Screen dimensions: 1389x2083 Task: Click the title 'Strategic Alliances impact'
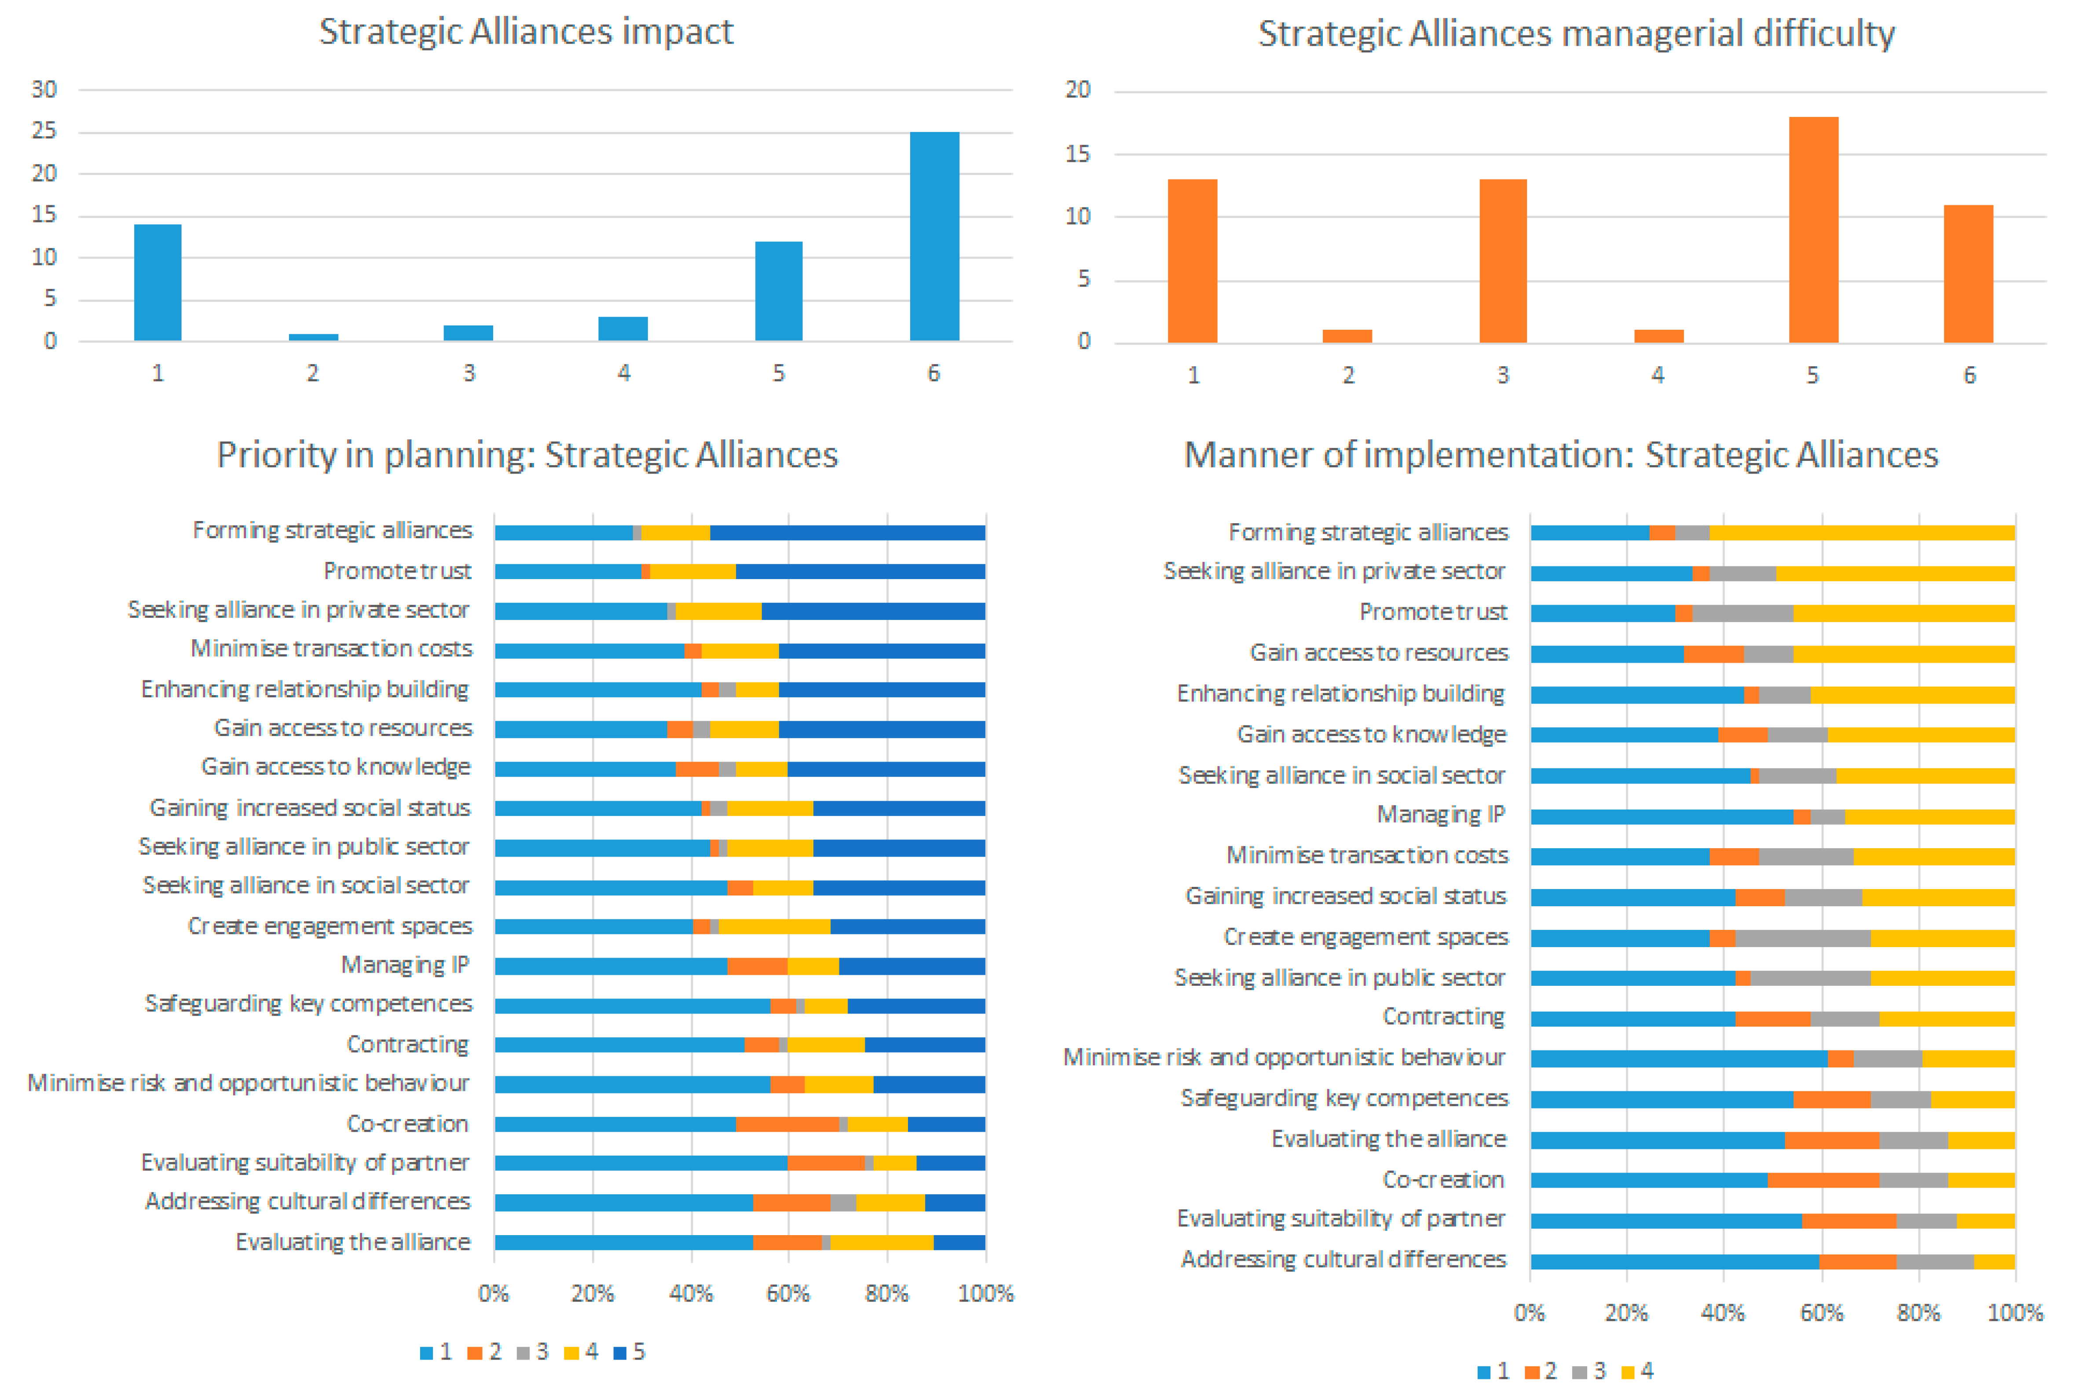(526, 32)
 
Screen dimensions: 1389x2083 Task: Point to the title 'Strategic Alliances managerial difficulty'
(1576, 34)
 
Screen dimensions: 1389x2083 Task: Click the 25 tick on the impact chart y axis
(44, 131)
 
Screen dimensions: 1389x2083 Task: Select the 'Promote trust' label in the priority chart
(397, 571)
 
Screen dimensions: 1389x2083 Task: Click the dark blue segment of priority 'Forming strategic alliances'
(847, 532)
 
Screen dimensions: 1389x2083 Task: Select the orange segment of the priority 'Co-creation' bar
(787, 1124)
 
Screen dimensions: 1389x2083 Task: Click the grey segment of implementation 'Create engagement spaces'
(1803, 938)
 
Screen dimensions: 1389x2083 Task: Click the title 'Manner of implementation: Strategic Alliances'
(1561, 456)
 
